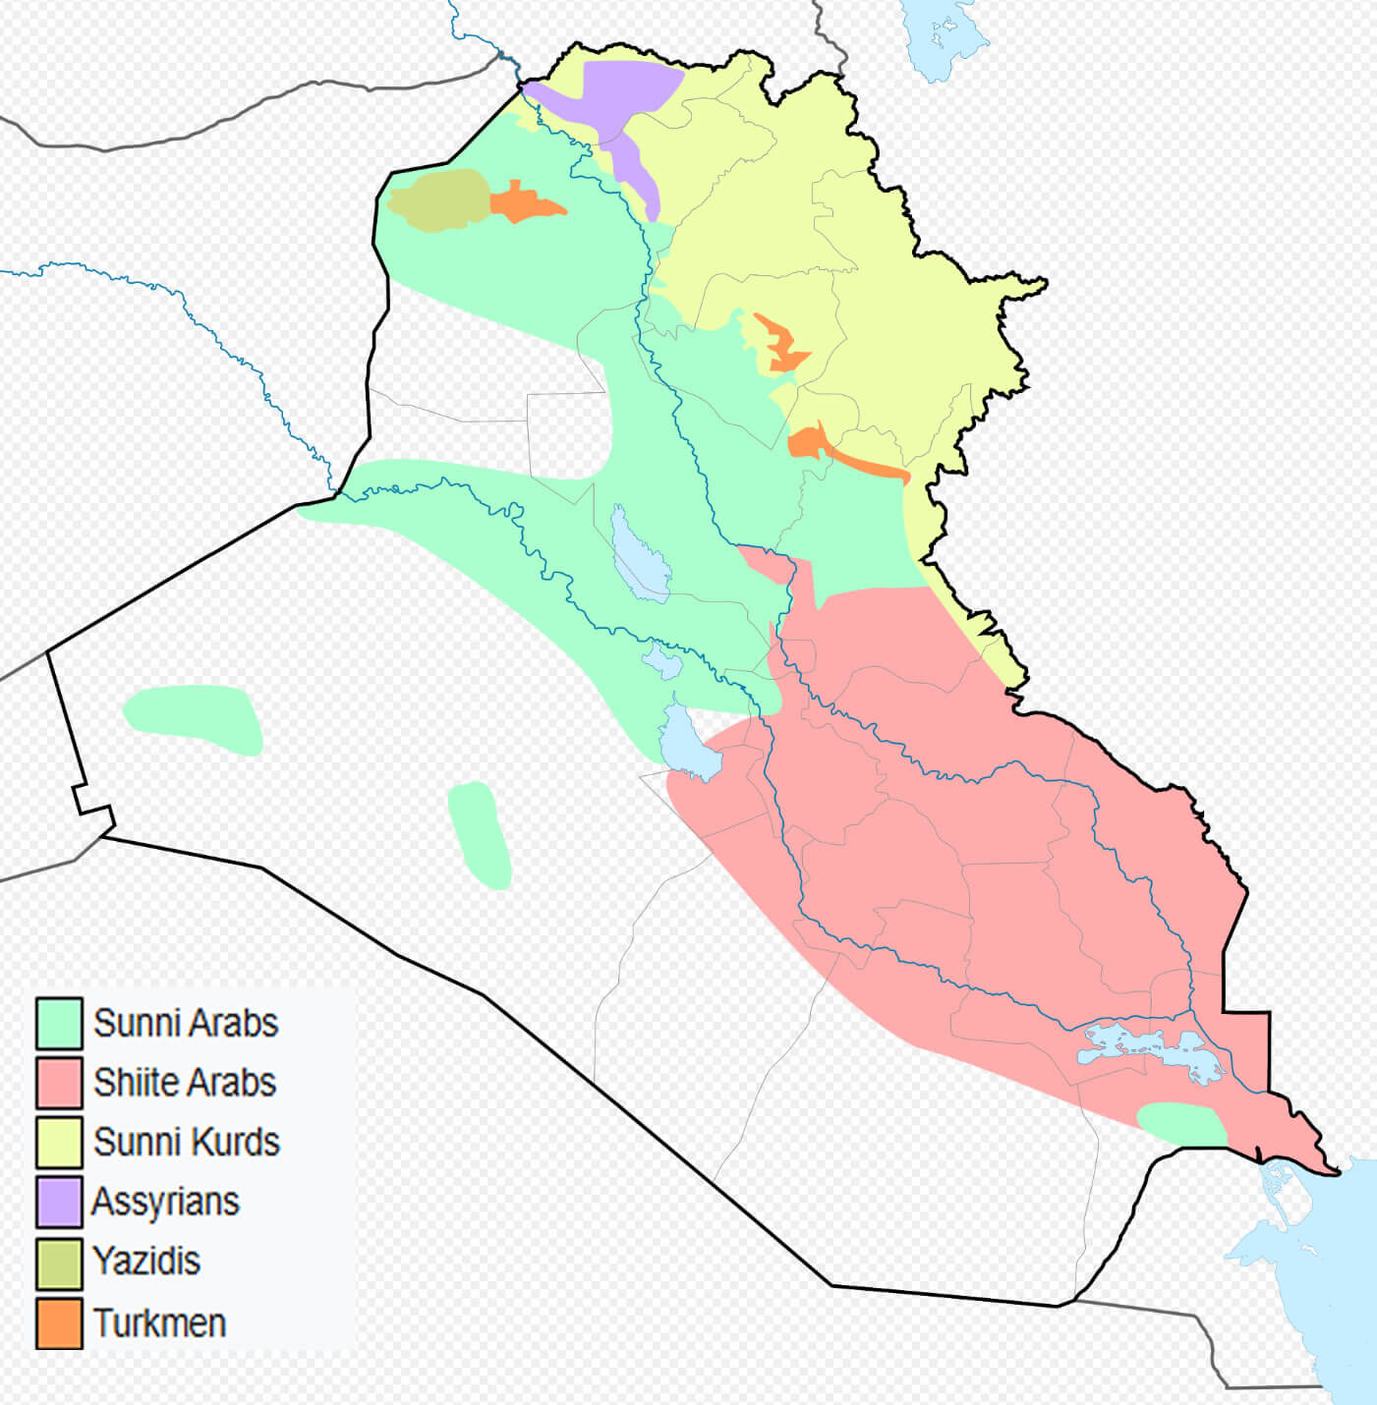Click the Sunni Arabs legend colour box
pos(59,1023)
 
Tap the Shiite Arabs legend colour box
pos(59,1082)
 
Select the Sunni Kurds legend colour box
pos(59,1142)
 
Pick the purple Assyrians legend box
pos(59,1202)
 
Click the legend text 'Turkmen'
pos(160,1322)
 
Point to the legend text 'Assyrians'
pos(166,1202)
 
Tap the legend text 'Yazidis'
pos(147,1261)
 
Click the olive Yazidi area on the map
pos(437,200)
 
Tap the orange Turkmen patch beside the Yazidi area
pos(521,203)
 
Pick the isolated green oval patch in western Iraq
pos(194,719)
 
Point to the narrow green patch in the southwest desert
pos(480,833)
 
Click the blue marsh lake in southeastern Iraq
pos(1150,1049)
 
